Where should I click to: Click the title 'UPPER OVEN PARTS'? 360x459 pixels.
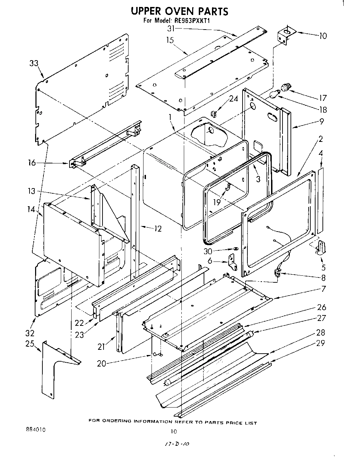pos(179,11)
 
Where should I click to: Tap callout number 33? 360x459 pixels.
pos(34,63)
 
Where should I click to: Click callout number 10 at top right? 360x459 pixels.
pos(323,36)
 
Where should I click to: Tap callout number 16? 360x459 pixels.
pos(32,163)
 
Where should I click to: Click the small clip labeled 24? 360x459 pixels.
pos(214,113)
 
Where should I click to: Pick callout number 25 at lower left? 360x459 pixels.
pos(30,344)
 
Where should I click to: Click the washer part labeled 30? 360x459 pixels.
pos(235,249)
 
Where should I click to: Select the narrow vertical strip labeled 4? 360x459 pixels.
pos(320,202)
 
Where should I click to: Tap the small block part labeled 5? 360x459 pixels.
pos(320,248)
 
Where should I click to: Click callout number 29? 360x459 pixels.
pos(320,343)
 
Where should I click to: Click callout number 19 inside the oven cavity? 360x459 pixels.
pos(217,202)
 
